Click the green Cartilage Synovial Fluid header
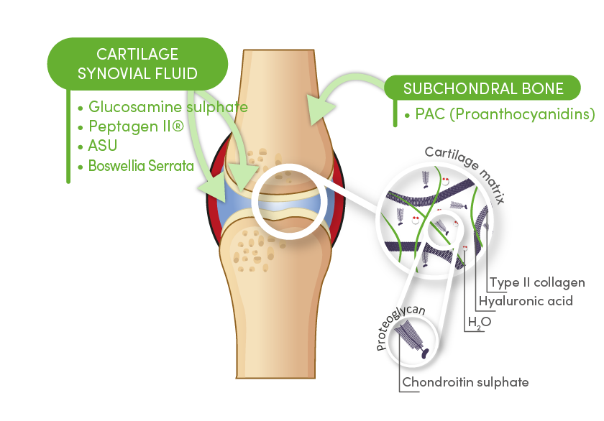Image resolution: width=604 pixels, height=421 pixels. click(x=137, y=64)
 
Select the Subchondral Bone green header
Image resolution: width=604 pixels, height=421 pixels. click(x=483, y=88)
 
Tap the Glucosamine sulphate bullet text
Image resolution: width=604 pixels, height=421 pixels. click(x=168, y=107)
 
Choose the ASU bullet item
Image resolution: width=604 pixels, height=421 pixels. click(x=104, y=146)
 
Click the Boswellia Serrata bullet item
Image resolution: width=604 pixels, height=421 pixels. click(x=141, y=166)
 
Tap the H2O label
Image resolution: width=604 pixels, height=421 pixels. click(x=480, y=323)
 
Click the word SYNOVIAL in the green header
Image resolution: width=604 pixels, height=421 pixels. click(x=157, y=73)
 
